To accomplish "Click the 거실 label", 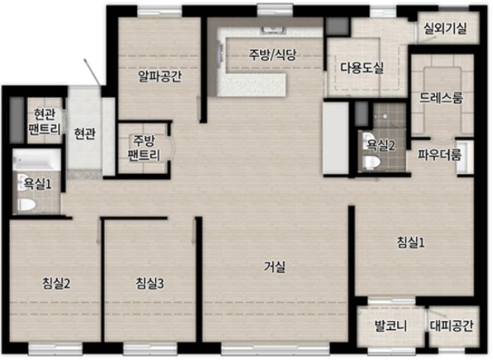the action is coord(275,268).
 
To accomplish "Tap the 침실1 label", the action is coord(411,242).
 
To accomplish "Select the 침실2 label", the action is coord(56,283).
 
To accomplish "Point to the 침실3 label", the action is coord(150,283).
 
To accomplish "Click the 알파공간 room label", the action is coord(160,76).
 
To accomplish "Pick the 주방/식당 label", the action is coord(273,55).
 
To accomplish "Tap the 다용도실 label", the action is coord(362,68).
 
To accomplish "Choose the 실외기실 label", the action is coord(445,29).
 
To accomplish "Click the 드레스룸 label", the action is coord(441,99).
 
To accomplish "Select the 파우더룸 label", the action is coord(440,154).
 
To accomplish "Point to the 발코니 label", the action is coord(390,326).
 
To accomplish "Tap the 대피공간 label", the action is coord(451,326).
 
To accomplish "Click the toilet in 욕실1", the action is coord(27,205).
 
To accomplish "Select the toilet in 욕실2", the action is coord(372,162).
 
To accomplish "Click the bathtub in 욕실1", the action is coord(36,160).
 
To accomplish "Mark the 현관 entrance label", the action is coord(85,134).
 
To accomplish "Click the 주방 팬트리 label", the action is coord(143,148).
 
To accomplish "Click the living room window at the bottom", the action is coord(275,348).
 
